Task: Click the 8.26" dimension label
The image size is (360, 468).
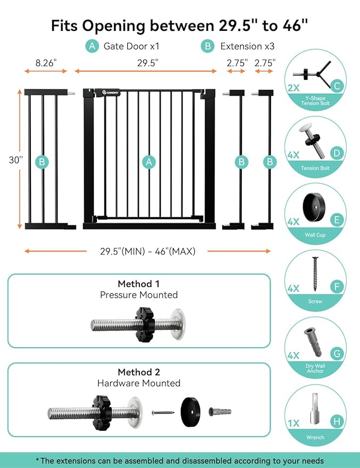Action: coord(46,62)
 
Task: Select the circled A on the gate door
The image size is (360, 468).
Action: coord(149,161)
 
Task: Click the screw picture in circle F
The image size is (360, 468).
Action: coord(314,273)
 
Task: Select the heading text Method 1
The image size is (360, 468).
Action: coord(138,284)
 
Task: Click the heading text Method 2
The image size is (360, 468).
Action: coord(138,372)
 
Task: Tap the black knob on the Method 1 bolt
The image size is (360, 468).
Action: coord(143,324)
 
